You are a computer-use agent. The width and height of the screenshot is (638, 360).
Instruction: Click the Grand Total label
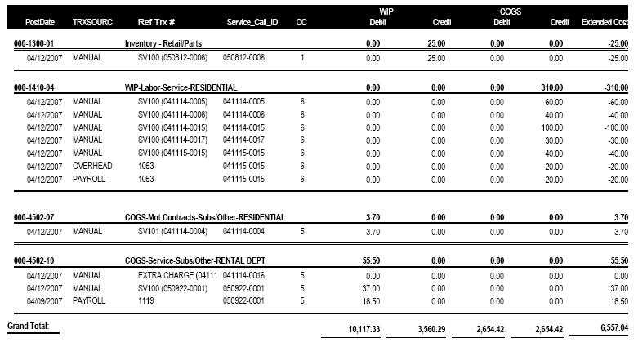pyautogui.click(x=29, y=326)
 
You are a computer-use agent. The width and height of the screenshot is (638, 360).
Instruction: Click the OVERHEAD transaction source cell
pyautogui.click(x=92, y=166)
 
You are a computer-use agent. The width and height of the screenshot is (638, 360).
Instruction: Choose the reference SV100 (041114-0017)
pyautogui.click(x=172, y=140)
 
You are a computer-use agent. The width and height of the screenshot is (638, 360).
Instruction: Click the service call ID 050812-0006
pyautogui.click(x=245, y=58)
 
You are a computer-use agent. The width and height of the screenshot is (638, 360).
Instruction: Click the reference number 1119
pyautogui.click(x=148, y=301)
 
